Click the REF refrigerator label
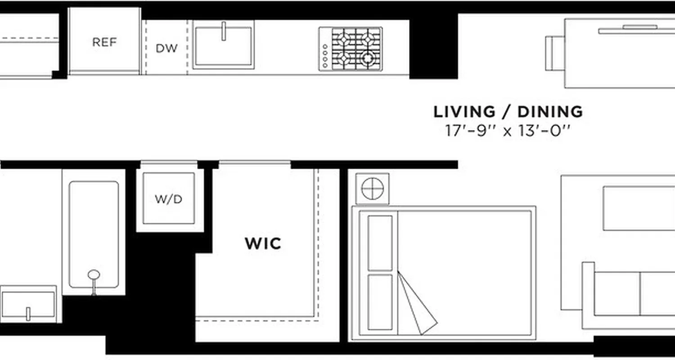(x=104, y=42)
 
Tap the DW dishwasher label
(x=166, y=48)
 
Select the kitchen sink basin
(x=223, y=47)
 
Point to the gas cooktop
(x=351, y=49)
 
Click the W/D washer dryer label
(x=169, y=198)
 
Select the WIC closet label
(x=263, y=243)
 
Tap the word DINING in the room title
(x=550, y=111)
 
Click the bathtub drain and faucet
(x=94, y=277)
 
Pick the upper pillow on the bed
(x=380, y=243)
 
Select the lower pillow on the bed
(x=380, y=302)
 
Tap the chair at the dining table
(x=554, y=53)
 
